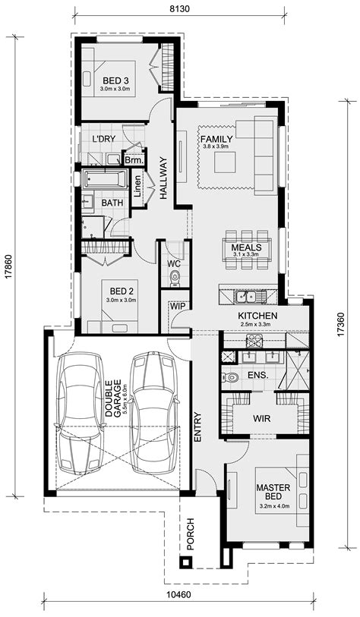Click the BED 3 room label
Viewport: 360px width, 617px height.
pos(115,80)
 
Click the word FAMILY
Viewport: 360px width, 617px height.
pos(215,139)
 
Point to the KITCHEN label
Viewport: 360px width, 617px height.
pos(257,316)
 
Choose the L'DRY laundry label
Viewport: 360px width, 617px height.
pos(103,140)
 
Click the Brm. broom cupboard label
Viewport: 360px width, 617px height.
pos(134,160)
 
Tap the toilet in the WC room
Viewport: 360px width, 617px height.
pos(175,279)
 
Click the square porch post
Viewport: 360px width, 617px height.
pos(185,562)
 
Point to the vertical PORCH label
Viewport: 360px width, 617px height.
pos(191,534)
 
